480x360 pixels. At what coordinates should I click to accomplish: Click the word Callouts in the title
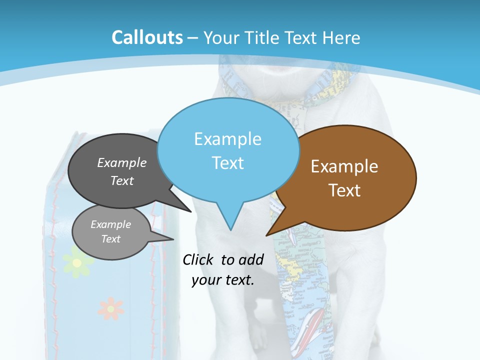pos(147,37)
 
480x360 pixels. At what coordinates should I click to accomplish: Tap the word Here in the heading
pos(342,38)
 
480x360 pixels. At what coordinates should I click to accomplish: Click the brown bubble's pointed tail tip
pos(266,235)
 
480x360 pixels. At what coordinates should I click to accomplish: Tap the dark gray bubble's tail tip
pos(191,211)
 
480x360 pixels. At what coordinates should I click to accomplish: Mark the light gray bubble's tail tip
pos(173,239)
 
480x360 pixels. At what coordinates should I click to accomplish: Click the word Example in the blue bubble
pos(227,139)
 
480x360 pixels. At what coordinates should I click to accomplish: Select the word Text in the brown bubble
pos(344,190)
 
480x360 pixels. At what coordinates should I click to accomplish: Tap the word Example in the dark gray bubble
pos(122,163)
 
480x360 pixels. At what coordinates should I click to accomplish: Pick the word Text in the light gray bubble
pos(111,239)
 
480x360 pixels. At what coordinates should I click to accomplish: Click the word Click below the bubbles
pos(199,260)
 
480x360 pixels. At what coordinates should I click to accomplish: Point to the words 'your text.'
pos(223,280)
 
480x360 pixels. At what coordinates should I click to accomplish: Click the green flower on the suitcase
pos(76,263)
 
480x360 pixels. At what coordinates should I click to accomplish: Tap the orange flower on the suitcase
pos(110,308)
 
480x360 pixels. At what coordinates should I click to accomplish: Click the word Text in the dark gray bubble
pos(122,180)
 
